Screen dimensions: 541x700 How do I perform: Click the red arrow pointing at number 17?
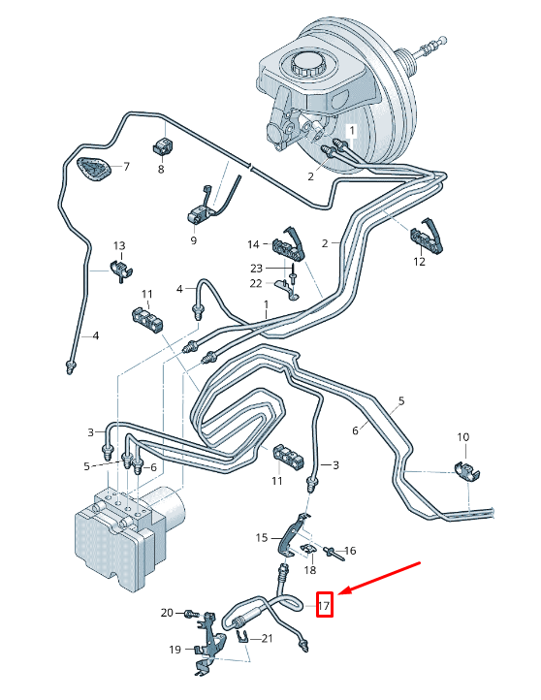click(380, 578)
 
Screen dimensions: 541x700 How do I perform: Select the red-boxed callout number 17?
click(324, 605)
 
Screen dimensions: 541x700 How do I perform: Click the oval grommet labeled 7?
click(94, 170)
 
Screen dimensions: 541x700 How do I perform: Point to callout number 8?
click(161, 170)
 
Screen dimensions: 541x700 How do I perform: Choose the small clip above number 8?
click(164, 145)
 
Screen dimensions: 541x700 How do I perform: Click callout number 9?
click(193, 240)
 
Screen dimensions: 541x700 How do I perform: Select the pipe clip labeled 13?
click(121, 269)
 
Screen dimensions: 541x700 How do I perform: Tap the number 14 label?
click(253, 244)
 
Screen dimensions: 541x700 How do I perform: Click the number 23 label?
click(256, 269)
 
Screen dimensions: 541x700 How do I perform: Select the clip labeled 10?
click(467, 473)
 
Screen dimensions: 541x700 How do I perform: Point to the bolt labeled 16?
click(333, 553)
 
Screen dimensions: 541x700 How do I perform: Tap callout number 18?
click(310, 570)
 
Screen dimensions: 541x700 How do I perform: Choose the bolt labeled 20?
click(191, 614)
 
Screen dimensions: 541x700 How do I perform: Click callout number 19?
click(175, 650)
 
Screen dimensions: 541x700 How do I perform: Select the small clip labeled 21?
click(241, 636)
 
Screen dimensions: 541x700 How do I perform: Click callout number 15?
click(262, 537)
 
